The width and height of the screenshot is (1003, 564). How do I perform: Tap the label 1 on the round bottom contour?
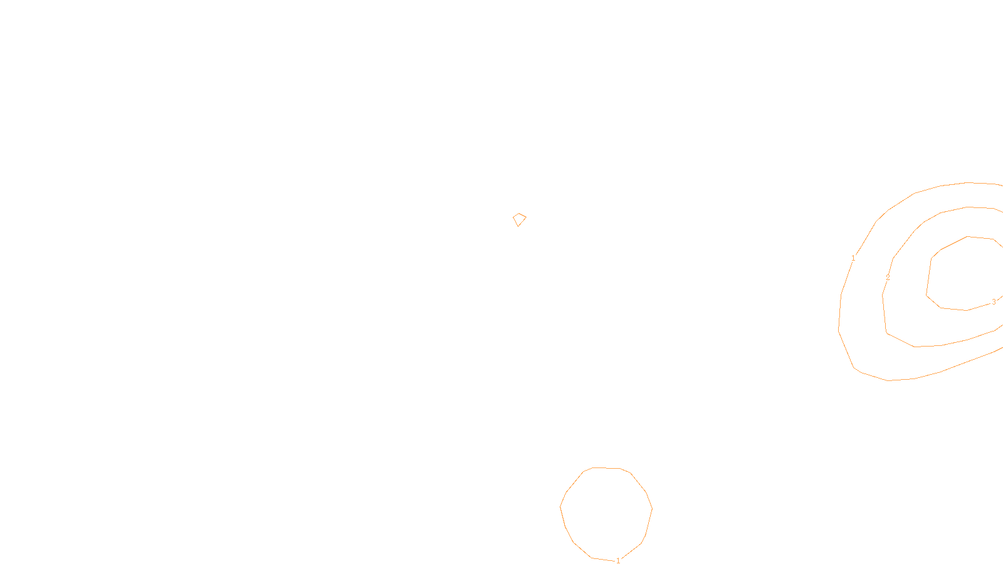(x=618, y=560)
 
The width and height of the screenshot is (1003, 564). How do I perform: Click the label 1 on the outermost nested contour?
(x=853, y=258)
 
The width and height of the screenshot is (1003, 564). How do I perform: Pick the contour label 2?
(x=888, y=277)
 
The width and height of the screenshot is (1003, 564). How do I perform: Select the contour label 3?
(x=994, y=301)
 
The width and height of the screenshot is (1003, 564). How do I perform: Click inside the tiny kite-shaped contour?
(x=519, y=219)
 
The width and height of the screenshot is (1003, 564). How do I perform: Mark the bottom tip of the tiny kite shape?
(x=518, y=226)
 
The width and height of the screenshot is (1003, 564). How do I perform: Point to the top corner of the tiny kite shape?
(x=520, y=214)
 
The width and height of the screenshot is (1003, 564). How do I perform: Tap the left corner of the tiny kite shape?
(x=513, y=217)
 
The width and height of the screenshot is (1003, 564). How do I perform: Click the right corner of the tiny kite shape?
(x=526, y=217)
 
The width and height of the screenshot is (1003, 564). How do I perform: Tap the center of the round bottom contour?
(x=606, y=513)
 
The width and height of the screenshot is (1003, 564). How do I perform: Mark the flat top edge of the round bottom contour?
(x=606, y=467)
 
